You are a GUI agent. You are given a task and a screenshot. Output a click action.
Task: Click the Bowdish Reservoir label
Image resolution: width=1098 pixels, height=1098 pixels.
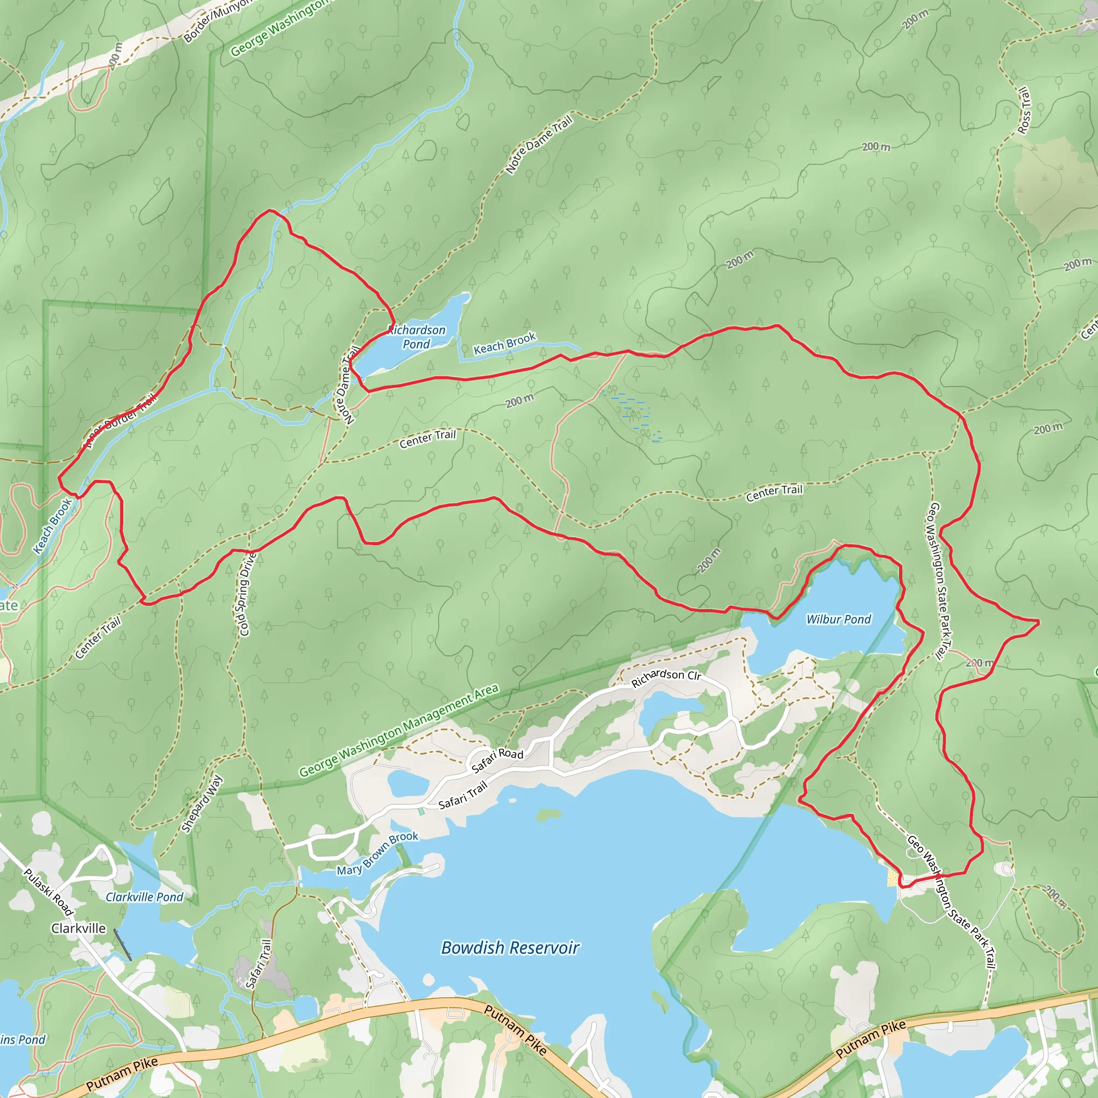(x=510, y=947)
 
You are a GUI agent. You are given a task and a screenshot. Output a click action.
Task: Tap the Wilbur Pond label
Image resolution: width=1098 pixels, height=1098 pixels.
(x=839, y=619)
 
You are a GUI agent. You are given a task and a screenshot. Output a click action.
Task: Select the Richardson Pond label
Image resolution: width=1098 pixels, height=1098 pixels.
(x=417, y=337)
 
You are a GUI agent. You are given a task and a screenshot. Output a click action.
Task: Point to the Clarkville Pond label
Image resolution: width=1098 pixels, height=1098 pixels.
(x=144, y=897)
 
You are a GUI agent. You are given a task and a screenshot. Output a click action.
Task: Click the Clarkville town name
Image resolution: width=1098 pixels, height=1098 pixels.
(x=78, y=928)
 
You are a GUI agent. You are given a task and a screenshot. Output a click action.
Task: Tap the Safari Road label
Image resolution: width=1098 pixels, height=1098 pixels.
(x=498, y=760)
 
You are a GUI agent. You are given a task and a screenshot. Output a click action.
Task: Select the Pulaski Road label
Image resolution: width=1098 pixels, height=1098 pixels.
(x=48, y=892)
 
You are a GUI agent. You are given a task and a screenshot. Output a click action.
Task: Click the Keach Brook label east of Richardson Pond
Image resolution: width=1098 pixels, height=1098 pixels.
(x=505, y=343)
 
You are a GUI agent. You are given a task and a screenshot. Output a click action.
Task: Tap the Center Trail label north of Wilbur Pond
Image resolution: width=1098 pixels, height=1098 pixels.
(x=774, y=493)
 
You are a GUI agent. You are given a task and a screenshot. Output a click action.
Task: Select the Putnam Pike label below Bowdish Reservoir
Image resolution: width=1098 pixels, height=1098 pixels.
(x=515, y=1029)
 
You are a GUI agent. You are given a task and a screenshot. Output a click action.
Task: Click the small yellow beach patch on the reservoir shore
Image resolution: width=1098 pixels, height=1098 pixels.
(x=893, y=879)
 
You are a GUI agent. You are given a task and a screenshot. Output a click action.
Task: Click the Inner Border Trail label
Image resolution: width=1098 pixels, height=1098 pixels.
(x=120, y=421)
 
